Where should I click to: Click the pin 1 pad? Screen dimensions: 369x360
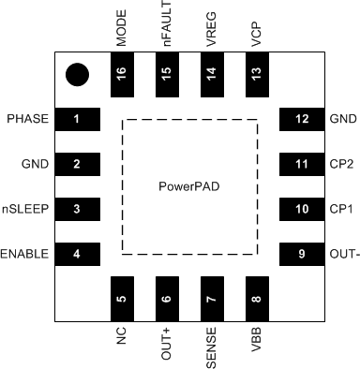point(77,120)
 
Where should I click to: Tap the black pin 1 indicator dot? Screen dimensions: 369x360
point(78,74)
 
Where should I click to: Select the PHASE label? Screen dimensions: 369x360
point(26,120)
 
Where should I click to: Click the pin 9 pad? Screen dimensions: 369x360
point(301,254)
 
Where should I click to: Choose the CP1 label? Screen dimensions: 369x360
point(339,209)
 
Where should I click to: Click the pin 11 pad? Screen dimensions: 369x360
point(301,164)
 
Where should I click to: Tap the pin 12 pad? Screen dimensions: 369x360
point(301,120)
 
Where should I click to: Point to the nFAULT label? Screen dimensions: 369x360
point(167,24)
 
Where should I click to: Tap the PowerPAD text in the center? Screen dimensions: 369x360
point(188,187)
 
